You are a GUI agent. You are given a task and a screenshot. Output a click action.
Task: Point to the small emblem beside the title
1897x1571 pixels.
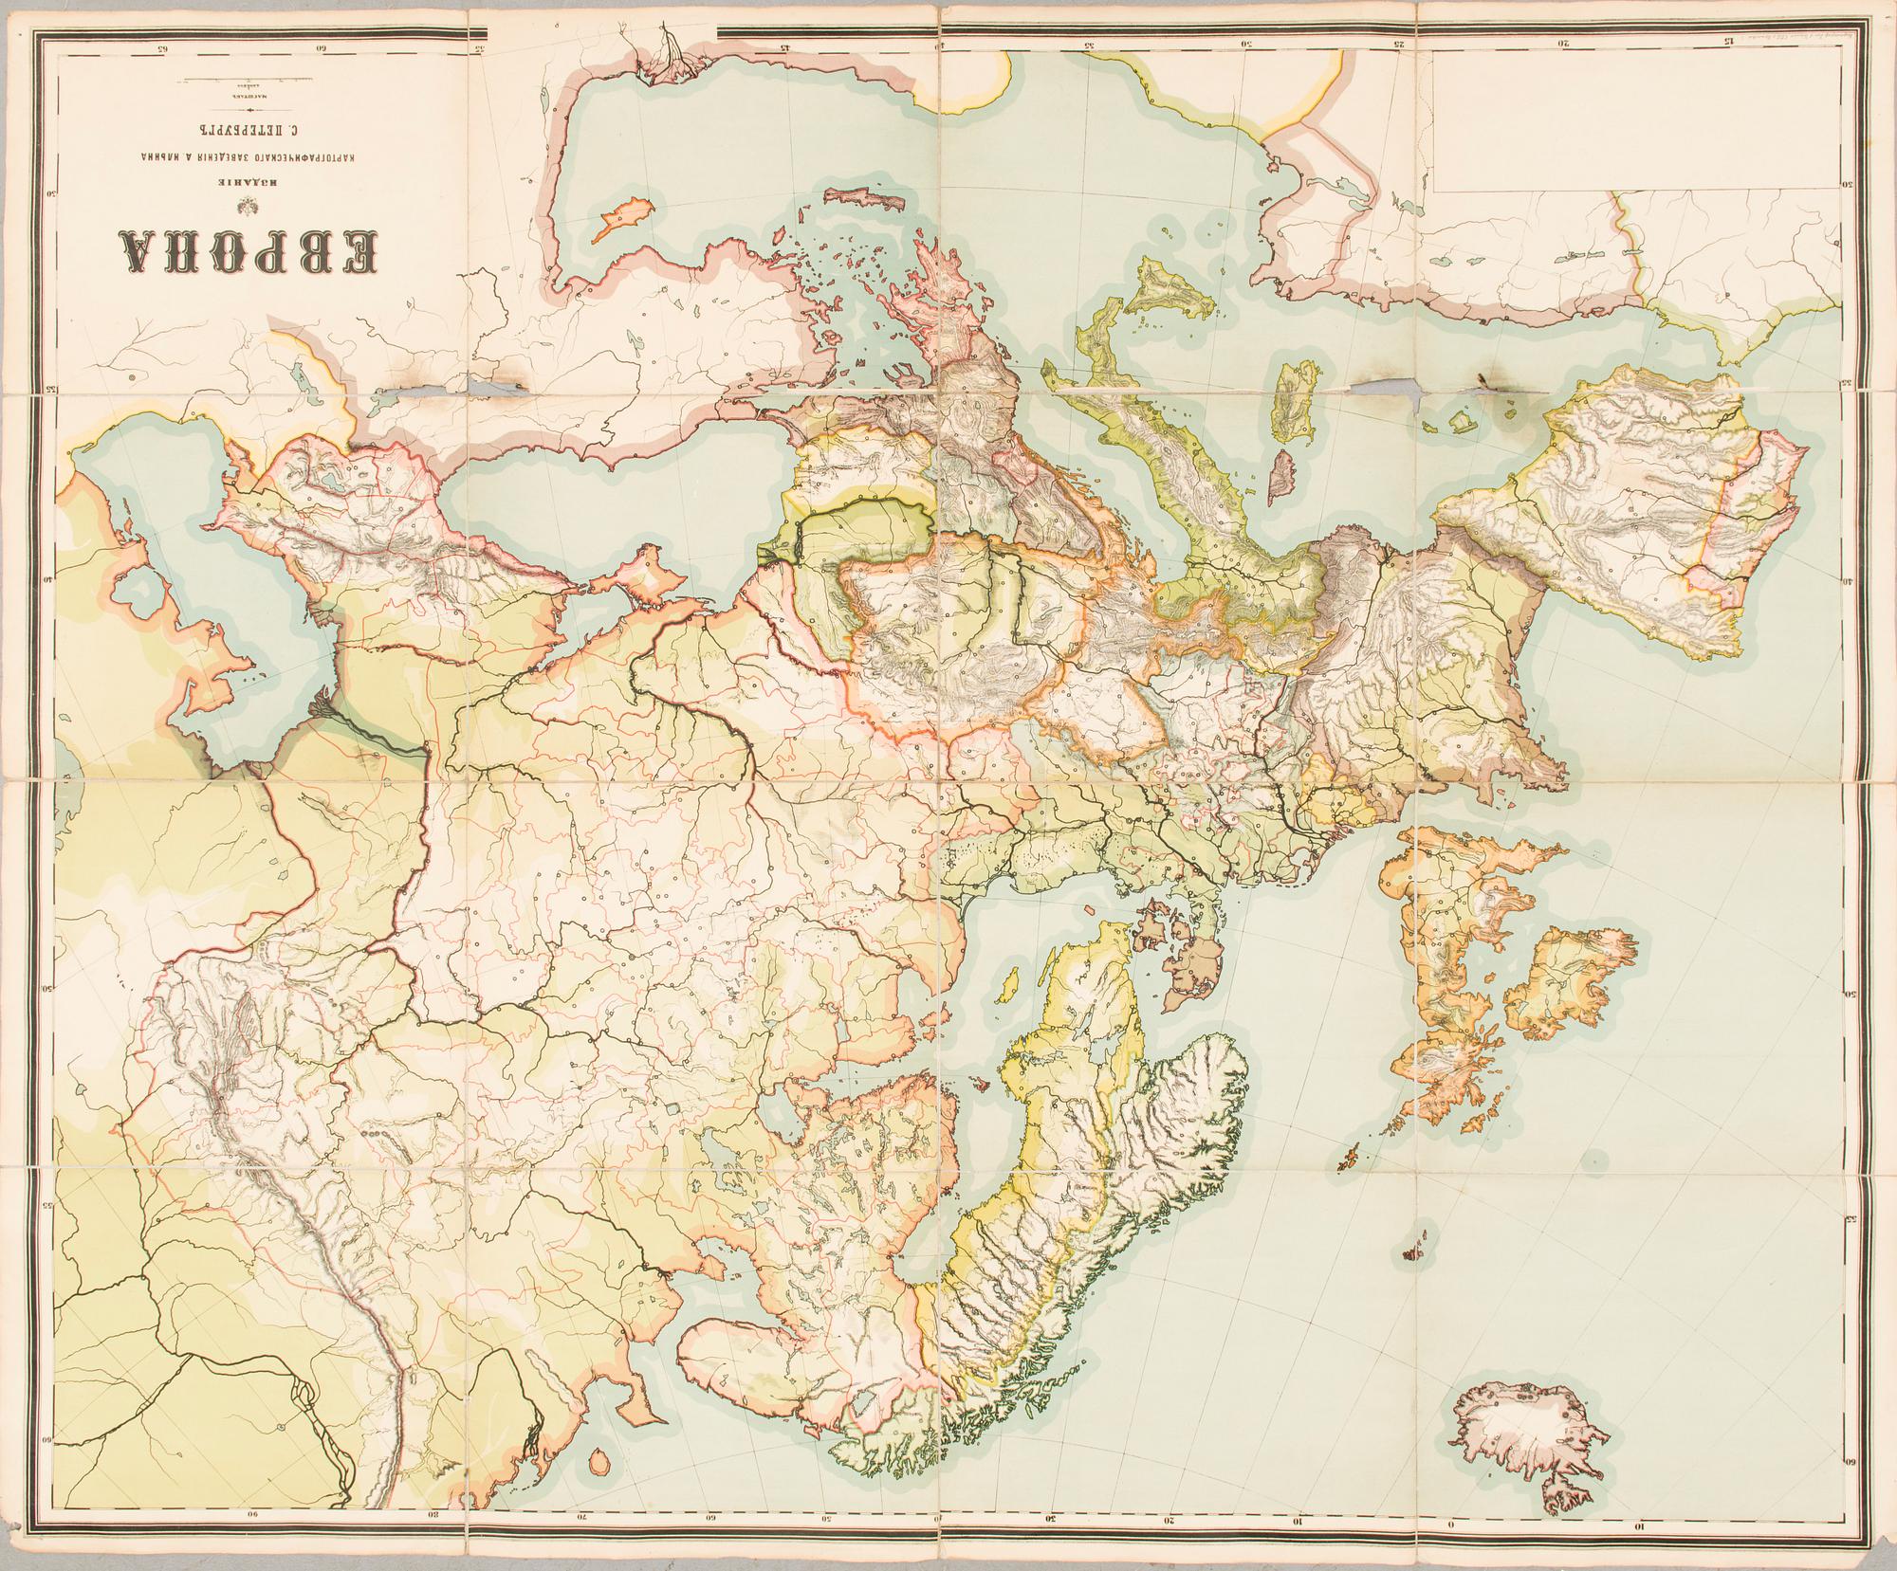click(252, 202)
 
